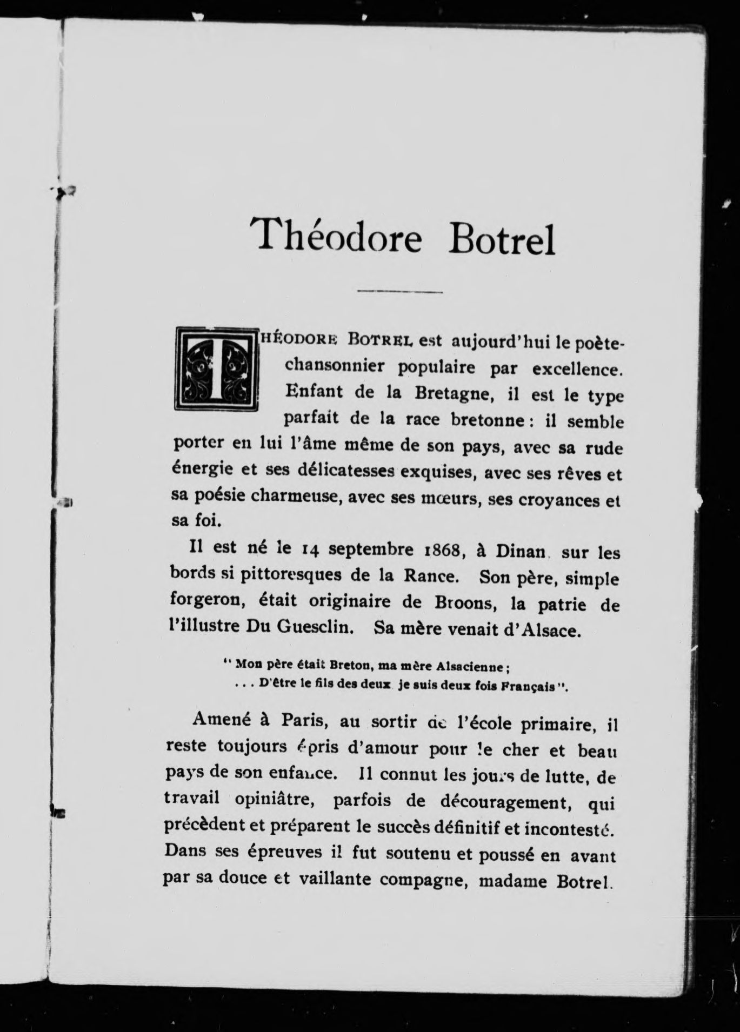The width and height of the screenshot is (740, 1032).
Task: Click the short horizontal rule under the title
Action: coord(399,292)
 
